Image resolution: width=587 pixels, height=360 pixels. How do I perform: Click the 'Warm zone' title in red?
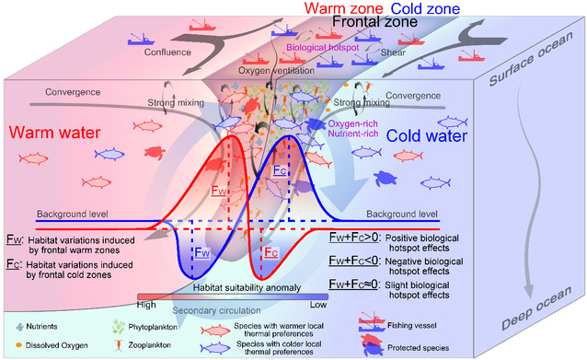[x=344, y=8]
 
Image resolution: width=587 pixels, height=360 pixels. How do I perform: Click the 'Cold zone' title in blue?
[x=425, y=8]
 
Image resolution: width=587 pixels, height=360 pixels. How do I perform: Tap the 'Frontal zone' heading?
[x=375, y=21]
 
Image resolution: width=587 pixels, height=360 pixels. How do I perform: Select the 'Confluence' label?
[x=167, y=52]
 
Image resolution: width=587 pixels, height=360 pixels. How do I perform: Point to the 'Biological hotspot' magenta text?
[x=323, y=48]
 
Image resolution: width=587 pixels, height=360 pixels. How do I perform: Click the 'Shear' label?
[x=393, y=52]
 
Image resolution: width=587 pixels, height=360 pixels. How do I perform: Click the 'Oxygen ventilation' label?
[x=276, y=70]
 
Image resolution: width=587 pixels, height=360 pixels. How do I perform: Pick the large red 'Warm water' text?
[x=54, y=133]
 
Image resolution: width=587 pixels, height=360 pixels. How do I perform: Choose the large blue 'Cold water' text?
[x=427, y=135]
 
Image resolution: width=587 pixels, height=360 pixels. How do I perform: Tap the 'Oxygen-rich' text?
[x=352, y=124]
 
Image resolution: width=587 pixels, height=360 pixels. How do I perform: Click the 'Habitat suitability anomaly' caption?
[x=247, y=287]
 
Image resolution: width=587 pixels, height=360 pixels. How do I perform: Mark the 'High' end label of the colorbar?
[x=146, y=305]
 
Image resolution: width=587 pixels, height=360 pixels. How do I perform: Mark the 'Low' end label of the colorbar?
[x=318, y=305]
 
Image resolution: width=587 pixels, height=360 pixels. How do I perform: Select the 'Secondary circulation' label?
[x=216, y=310]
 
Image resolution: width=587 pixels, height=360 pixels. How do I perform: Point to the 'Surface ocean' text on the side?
[x=531, y=58]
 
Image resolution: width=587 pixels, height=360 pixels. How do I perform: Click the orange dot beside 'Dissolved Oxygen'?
[x=18, y=344]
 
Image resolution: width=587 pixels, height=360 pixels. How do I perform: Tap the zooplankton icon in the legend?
[x=119, y=345]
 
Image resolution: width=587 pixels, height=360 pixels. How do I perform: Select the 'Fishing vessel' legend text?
[x=412, y=326]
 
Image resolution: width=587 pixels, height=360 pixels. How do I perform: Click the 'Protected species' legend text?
[x=418, y=348]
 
